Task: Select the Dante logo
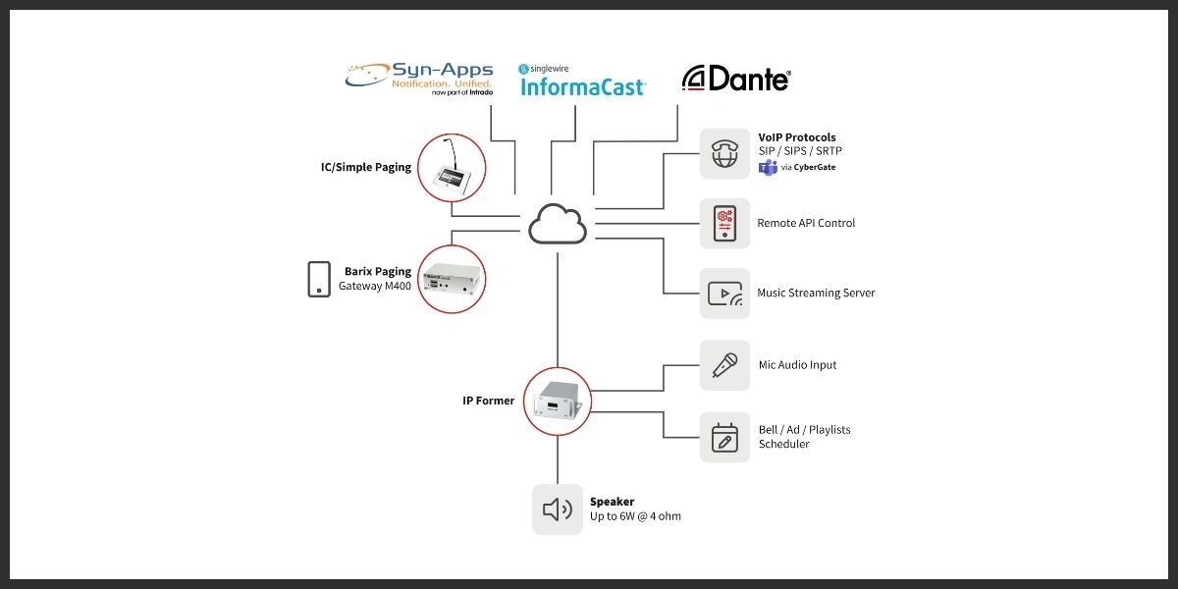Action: [736, 80]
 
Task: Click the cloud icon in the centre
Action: [558, 224]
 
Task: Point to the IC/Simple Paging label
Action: [366, 167]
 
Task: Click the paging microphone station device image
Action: [453, 169]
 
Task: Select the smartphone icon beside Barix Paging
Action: [319, 279]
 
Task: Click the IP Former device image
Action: [557, 401]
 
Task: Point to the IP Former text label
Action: [489, 401]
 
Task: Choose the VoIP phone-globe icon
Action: [724, 154]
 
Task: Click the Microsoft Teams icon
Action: [768, 167]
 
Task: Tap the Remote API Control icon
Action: [724, 223]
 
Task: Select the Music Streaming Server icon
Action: [724, 293]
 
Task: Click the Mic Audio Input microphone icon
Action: [724, 365]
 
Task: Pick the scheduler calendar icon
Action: [724, 437]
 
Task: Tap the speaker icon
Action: [557, 509]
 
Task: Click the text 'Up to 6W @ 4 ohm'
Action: [635, 516]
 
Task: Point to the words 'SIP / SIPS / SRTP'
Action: [800, 151]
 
